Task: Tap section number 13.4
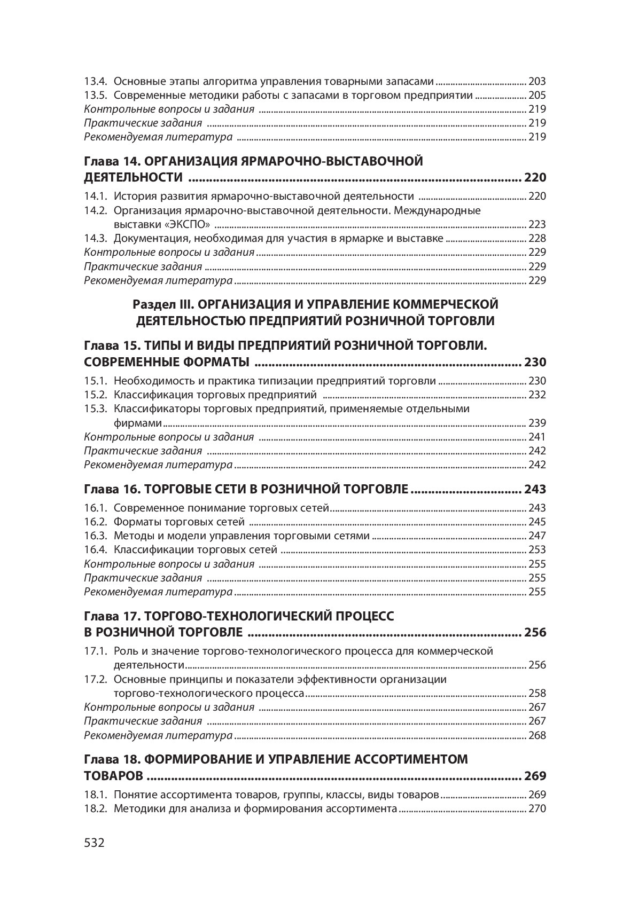(x=96, y=82)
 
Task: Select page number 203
(x=537, y=82)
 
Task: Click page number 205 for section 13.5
(x=537, y=96)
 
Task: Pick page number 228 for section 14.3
(x=537, y=238)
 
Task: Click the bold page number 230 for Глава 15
(x=535, y=363)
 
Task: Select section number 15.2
(x=96, y=395)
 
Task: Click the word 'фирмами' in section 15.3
(x=138, y=423)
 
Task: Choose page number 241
(x=537, y=437)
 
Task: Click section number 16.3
(x=96, y=536)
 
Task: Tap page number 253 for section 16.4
(x=537, y=549)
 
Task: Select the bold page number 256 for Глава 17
(x=535, y=633)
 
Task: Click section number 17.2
(x=96, y=679)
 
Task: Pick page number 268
(x=537, y=735)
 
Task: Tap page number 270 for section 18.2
(x=537, y=808)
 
